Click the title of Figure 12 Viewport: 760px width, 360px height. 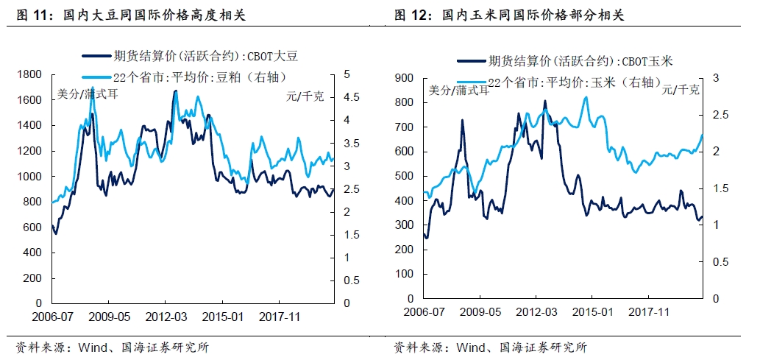(x=508, y=14)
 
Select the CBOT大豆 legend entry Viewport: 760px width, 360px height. (x=191, y=54)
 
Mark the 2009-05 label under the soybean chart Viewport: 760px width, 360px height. (x=109, y=317)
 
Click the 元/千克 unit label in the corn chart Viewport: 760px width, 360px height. (x=681, y=90)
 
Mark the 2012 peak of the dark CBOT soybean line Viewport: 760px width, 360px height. (x=174, y=91)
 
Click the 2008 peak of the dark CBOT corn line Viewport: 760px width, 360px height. (x=462, y=120)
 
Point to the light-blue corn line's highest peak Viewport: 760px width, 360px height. (x=586, y=97)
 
